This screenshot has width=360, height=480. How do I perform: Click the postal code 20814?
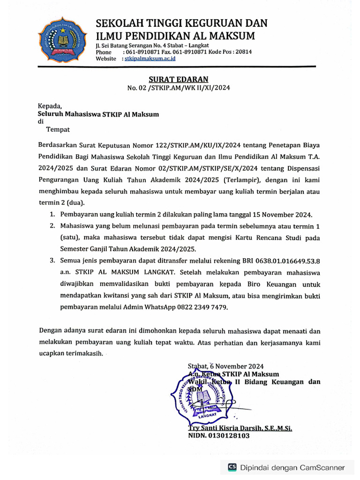click(242, 52)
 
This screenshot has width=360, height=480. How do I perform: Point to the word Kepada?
click(50, 106)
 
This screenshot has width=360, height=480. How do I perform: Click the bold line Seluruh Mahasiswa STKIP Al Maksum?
click(98, 114)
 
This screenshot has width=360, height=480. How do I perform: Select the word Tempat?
click(58, 129)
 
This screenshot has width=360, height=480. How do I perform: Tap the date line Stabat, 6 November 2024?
click(225, 366)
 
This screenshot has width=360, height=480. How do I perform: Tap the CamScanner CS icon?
click(232, 467)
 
